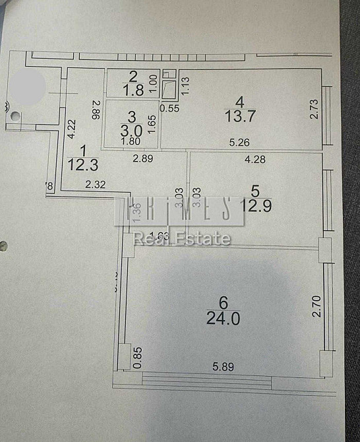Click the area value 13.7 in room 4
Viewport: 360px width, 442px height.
click(241, 116)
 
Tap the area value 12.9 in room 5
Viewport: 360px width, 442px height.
click(256, 206)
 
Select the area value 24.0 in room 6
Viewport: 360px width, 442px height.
click(223, 319)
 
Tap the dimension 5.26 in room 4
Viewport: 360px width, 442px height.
click(239, 142)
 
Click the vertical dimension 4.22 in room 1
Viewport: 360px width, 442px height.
click(72, 128)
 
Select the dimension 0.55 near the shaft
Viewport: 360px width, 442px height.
click(171, 108)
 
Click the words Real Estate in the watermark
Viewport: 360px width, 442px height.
click(183, 238)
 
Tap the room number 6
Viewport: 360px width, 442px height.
click(223, 303)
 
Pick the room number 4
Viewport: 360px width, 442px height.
click(240, 102)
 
